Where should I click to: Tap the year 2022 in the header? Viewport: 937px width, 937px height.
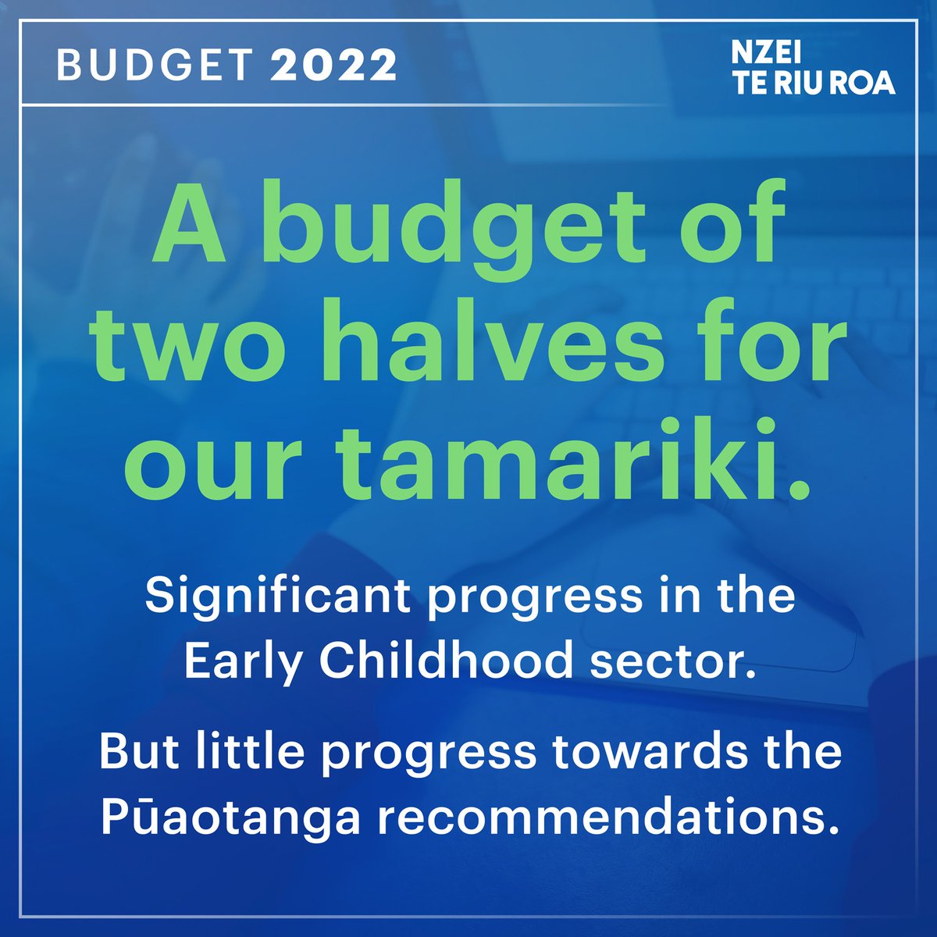pos(333,66)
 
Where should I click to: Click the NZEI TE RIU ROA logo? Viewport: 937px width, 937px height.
pos(813,69)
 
